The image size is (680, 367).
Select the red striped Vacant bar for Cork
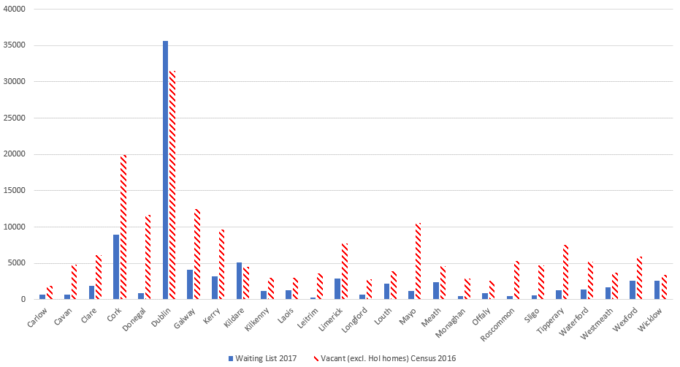pyautogui.click(x=123, y=227)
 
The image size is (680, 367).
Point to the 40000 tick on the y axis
pyautogui.click(x=16, y=9)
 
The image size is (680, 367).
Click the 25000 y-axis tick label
pyautogui.click(x=16, y=118)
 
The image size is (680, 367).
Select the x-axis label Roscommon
pyautogui.click(x=503, y=319)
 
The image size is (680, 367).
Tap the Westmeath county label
pyautogui.click(x=603, y=319)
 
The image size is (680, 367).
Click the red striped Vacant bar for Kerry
pyautogui.click(x=222, y=264)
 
